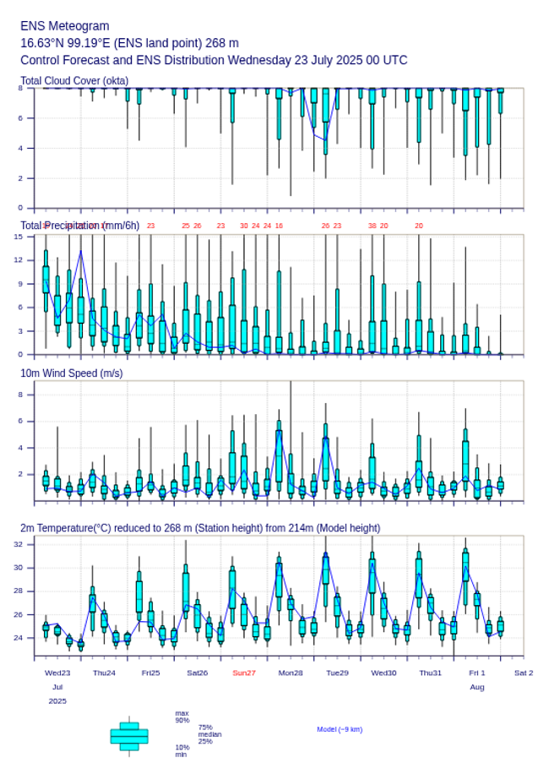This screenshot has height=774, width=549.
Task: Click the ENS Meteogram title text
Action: point(65,26)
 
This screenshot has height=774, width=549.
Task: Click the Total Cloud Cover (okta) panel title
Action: point(74,81)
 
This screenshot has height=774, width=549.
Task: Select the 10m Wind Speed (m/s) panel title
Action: point(72,373)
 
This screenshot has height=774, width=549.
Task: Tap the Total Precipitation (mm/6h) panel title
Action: point(80,225)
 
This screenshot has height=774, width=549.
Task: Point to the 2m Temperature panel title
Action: point(200,528)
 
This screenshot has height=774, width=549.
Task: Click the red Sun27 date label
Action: point(244,673)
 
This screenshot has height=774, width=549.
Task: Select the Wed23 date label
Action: point(57,673)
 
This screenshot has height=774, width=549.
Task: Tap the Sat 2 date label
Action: point(524,673)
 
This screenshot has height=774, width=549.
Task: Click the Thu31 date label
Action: point(431,673)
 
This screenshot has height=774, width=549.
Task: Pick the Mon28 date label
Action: point(291,673)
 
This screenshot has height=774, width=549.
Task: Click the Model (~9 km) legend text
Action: point(340,729)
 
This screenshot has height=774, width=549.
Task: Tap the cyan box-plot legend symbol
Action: point(129,736)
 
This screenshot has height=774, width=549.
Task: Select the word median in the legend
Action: point(209,734)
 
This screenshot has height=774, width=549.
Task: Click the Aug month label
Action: point(477,687)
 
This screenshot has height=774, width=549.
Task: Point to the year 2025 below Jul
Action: point(57,701)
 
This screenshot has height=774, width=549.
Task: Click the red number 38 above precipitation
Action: point(372,226)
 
